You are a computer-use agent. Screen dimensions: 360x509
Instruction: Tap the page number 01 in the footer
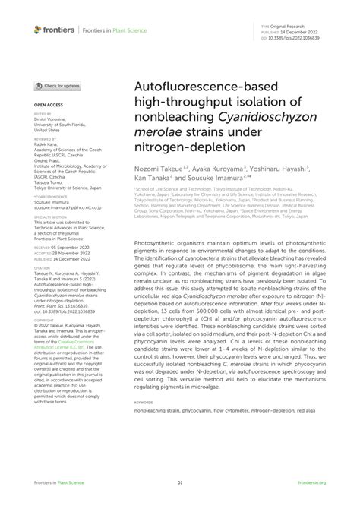point(180,482)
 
